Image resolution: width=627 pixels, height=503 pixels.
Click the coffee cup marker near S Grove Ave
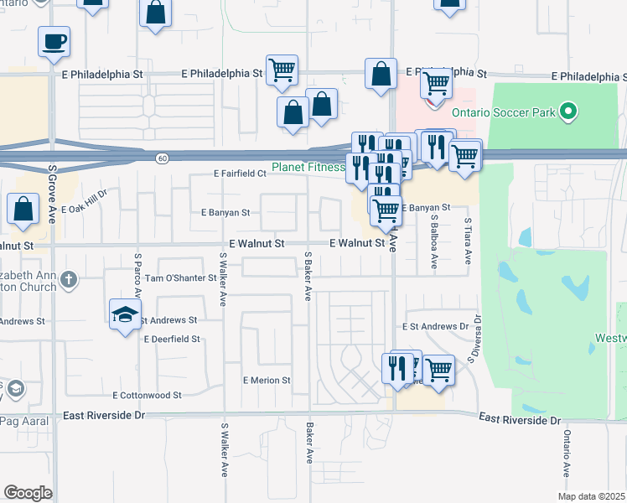54,42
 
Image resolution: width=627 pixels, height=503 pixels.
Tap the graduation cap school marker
125,315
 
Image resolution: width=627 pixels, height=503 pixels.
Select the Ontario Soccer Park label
503,111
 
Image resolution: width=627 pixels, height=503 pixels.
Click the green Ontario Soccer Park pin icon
568,111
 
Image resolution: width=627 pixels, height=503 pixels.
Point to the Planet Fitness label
308,167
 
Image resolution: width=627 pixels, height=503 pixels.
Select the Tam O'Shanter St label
181,278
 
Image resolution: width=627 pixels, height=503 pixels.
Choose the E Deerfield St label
172,340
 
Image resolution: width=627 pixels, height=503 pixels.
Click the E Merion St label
267,380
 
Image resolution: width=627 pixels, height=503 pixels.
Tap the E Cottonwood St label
147,395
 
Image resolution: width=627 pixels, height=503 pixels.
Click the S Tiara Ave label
468,238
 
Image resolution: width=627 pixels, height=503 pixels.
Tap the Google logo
28,493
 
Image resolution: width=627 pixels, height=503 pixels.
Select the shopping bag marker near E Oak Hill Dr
23,210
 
